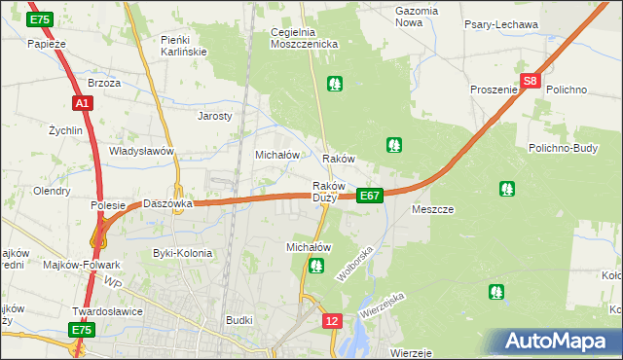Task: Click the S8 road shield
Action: [x=530, y=83]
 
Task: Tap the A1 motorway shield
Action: [x=81, y=102]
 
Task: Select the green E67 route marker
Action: [x=369, y=196]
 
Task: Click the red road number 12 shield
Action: [x=333, y=320]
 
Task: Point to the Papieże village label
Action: [x=46, y=44]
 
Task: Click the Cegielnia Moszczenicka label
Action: [x=304, y=38]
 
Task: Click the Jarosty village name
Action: [x=215, y=116]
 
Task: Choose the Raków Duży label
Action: [x=325, y=192]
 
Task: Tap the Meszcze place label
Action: [x=433, y=209]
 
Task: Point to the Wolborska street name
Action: [x=355, y=266]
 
